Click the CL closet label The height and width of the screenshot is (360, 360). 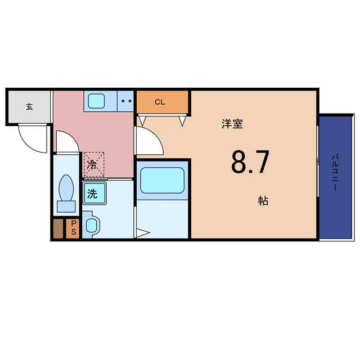pos(160,102)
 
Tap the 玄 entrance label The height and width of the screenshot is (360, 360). pos(29,106)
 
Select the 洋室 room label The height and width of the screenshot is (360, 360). pos(232,124)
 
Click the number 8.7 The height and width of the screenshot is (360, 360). pos(250,163)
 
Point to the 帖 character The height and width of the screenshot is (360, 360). pos(263,200)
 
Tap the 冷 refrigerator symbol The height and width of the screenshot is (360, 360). pos(93,164)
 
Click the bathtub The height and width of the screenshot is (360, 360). pos(162,180)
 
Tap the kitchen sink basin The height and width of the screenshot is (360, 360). pos(96,101)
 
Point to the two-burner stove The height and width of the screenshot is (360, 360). pos(127,102)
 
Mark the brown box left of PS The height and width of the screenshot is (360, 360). pos(58,228)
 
